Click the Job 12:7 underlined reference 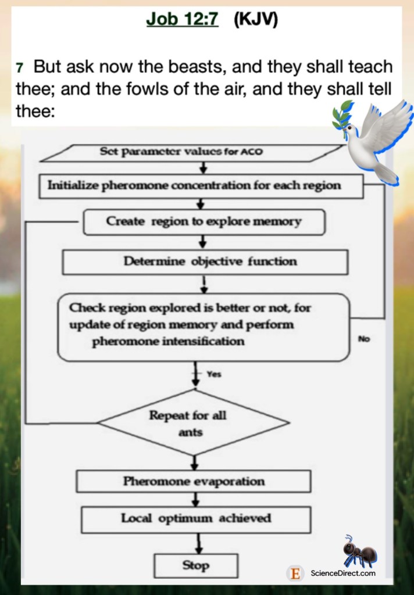pos(182,20)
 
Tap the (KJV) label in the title pos(256,20)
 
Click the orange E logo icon pos(296,574)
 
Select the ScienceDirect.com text pos(343,574)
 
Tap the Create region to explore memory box pos(204,221)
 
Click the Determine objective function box pos(205,261)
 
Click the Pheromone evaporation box pos(194,481)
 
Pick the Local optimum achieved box pos(196,518)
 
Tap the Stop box pos(196,565)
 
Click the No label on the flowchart pos(364,339)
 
